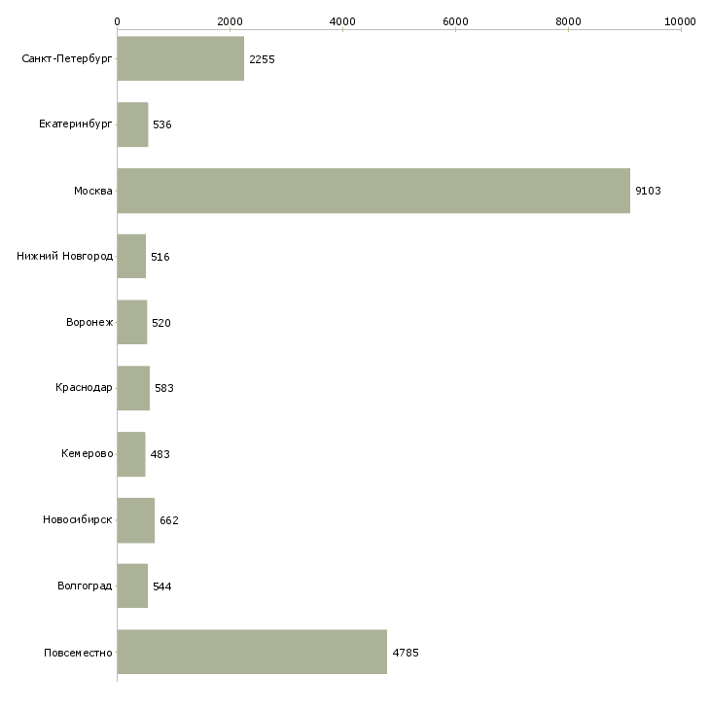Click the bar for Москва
click(x=373, y=191)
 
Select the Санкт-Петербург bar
click(x=180, y=59)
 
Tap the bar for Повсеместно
click(x=252, y=652)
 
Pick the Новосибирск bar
click(x=135, y=520)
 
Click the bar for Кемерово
click(x=130, y=454)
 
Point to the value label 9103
click(x=648, y=192)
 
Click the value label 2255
click(x=262, y=60)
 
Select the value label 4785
click(x=405, y=653)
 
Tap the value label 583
click(x=163, y=389)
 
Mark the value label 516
click(x=160, y=257)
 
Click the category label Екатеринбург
click(x=76, y=125)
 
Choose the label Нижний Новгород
click(x=64, y=257)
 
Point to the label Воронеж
click(x=89, y=323)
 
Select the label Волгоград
click(x=85, y=586)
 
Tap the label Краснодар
click(x=84, y=389)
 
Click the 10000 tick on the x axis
click(x=681, y=20)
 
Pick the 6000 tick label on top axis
click(x=455, y=20)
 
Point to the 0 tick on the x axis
click(x=118, y=20)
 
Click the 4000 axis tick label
click(x=342, y=20)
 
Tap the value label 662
click(x=168, y=520)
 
